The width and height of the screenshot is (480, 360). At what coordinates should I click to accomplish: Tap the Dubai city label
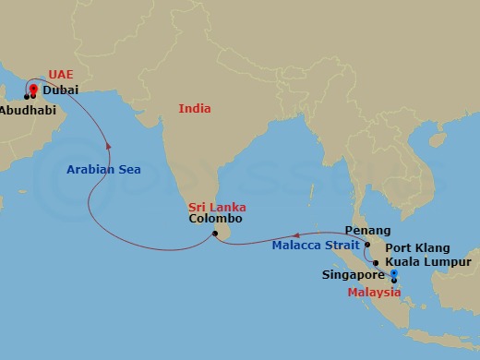click(60, 90)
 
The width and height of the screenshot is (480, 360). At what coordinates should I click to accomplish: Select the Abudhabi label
click(27, 109)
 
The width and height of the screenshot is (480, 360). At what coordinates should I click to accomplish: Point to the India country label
click(196, 109)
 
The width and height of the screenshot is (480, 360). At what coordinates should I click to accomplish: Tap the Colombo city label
click(215, 220)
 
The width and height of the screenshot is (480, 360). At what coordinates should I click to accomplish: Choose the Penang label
click(366, 230)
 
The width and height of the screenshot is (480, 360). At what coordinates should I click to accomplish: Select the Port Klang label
click(417, 247)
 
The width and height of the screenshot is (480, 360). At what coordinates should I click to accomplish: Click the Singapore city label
click(353, 275)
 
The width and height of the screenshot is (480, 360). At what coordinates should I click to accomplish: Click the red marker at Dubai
click(33, 90)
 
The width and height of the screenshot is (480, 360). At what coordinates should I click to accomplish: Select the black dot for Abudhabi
click(26, 96)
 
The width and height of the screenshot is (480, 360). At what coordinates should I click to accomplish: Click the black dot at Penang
click(366, 246)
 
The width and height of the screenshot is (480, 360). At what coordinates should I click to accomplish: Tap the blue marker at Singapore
click(394, 274)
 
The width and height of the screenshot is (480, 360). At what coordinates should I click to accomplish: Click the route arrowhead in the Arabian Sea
click(110, 144)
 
